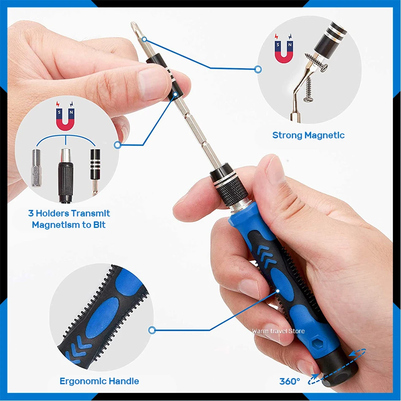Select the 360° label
tap(290, 381)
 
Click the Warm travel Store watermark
tap(278, 331)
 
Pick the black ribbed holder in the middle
tap(65, 176)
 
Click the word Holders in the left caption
tap(52, 213)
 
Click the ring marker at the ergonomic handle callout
tap(152, 330)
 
